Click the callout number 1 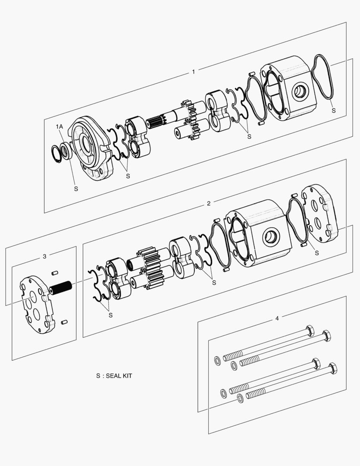point(193,72)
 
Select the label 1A point(59,126)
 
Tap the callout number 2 point(209,203)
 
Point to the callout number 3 point(44,256)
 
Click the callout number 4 point(277,318)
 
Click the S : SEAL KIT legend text point(114,376)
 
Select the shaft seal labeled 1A point(66,151)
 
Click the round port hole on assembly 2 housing point(271,237)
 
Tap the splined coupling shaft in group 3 point(62,287)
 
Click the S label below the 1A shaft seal point(76,189)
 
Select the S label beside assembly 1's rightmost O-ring point(333,110)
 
